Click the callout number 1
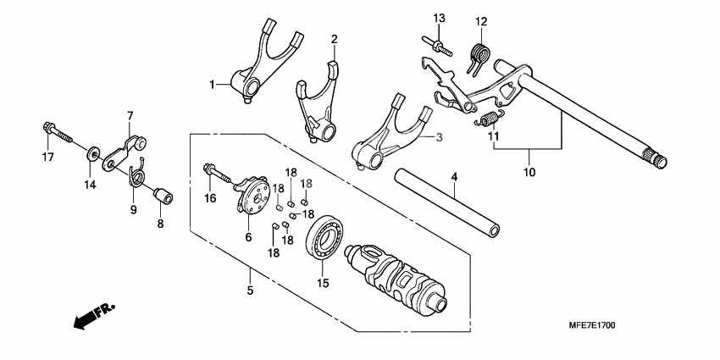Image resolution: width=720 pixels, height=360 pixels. click(x=213, y=85)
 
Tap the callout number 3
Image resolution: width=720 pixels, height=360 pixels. click(x=440, y=136)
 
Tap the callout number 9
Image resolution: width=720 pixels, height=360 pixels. click(x=133, y=208)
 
